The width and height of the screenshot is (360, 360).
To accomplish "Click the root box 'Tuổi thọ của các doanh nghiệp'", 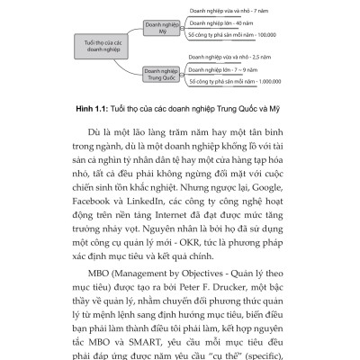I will click(94, 47).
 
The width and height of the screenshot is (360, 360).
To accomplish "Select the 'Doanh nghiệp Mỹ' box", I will click(156, 24).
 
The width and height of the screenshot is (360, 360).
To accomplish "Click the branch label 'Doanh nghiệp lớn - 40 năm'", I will click(220, 22).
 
